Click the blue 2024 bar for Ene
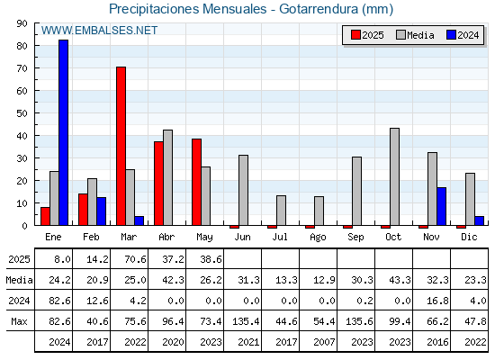point(63,132)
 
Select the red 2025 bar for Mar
point(121,146)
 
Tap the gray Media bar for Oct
point(395,176)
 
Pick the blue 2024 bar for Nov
point(442,206)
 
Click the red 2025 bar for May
point(197,182)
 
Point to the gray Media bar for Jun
point(244,190)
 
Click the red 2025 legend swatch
point(355,35)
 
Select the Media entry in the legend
point(415,35)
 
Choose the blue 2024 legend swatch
point(451,35)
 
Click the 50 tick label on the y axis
point(22,113)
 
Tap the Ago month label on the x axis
point(318,238)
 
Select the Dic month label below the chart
point(469,237)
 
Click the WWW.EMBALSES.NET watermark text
point(99,31)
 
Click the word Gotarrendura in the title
point(319,9)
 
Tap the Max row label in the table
point(19,321)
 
